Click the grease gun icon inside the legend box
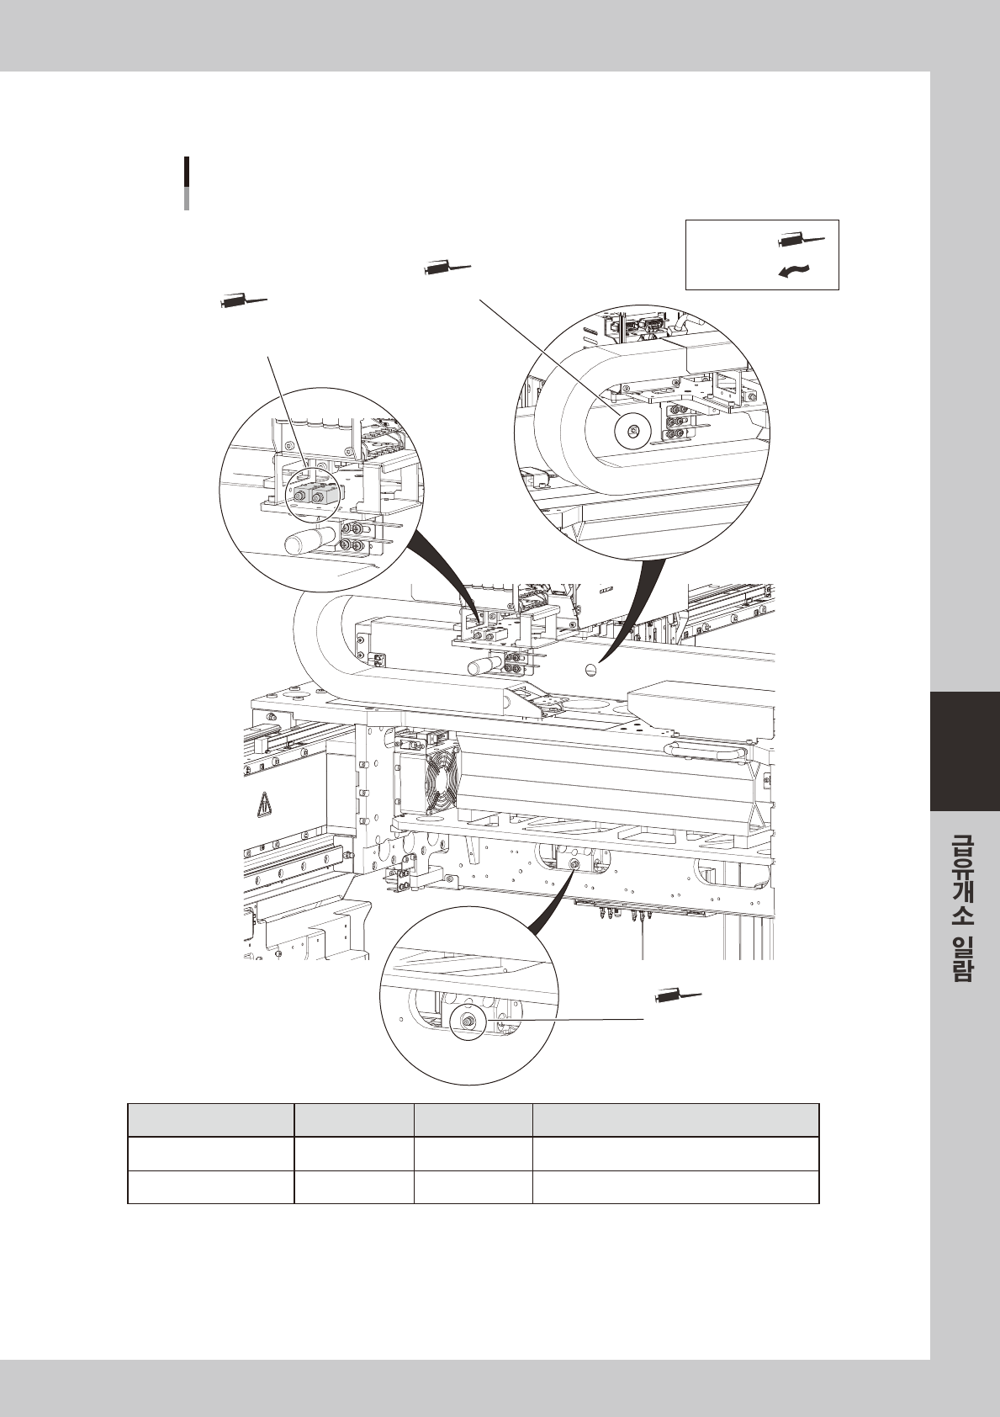pyautogui.click(x=802, y=241)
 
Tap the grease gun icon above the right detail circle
pyautogui.click(x=447, y=268)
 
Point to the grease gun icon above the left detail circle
pyautogui.click(x=243, y=298)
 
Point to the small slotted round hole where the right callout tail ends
pyautogui.click(x=590, y=670)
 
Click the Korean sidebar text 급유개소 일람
pyautogui.click(x=964, y=907)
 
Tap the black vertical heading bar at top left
pyautogui.click(x=186, y=173)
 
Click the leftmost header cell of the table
pyautogui.click(x=210, y=1120)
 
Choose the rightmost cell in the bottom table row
pyautogui.click(x=675, y=1186)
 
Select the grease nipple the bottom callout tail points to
pyautogui.click(x=574, y=865)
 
